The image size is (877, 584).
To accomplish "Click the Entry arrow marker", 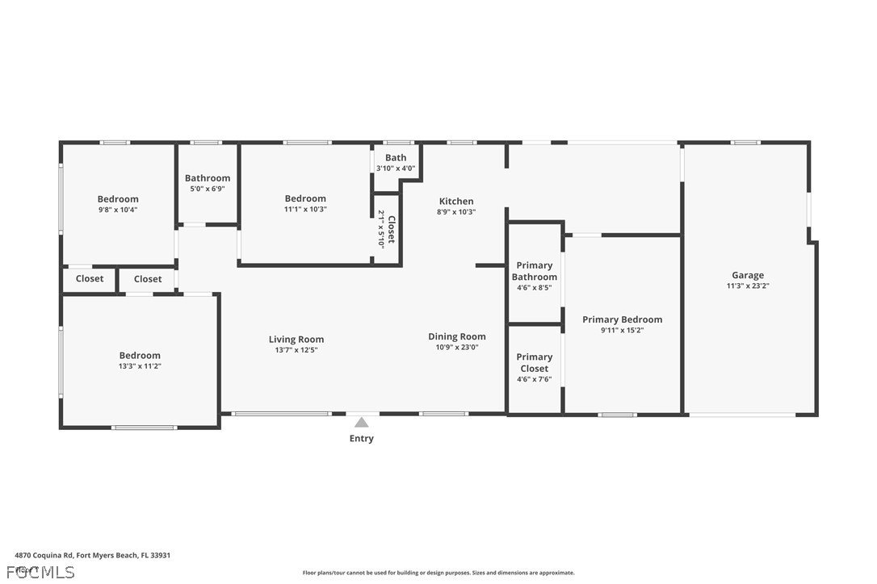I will point(362,422).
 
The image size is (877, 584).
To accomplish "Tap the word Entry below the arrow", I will point(362,439).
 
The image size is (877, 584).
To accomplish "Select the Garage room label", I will point(747,275).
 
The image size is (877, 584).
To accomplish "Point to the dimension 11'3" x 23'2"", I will point(747,286).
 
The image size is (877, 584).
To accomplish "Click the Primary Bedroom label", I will point(622,319).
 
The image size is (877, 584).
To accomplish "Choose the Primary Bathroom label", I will point(534,271).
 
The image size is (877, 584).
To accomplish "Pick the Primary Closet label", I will point(534,362).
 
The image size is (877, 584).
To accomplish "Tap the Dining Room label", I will point(456,336).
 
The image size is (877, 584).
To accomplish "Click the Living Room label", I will point(296,340).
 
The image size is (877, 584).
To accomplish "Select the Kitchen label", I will point(456,201).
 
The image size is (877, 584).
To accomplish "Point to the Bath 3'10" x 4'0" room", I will point(396,163).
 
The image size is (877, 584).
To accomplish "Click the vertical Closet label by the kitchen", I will point(391,229).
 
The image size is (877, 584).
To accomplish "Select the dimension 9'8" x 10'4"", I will point(118,210).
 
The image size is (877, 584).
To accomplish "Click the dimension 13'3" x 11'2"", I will point(140,366).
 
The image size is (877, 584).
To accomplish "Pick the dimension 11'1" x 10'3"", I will point(305,209).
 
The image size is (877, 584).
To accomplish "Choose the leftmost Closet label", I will point(90,279).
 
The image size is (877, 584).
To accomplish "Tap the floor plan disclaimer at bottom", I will point(438,573).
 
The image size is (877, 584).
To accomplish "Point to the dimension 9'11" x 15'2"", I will point(622,330).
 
